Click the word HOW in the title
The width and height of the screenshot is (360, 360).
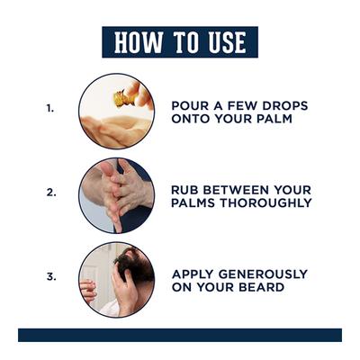[x=139, y=42]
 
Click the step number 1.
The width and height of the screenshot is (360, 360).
[x=50, y=108]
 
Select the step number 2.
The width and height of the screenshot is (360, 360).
[x=51, y=193]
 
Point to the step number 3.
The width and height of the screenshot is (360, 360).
[x=51, y=276]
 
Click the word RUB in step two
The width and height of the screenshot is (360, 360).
[x=185, y=190]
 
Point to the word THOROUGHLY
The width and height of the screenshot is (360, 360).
[x=265, y=202]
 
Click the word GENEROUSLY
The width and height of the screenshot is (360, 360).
[x=263, y=274]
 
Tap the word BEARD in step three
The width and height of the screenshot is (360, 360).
[x=261, y=287]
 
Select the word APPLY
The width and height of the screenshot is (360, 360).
[x=193, y=274]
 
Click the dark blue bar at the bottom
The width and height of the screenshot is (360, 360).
[x=180, y=335]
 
